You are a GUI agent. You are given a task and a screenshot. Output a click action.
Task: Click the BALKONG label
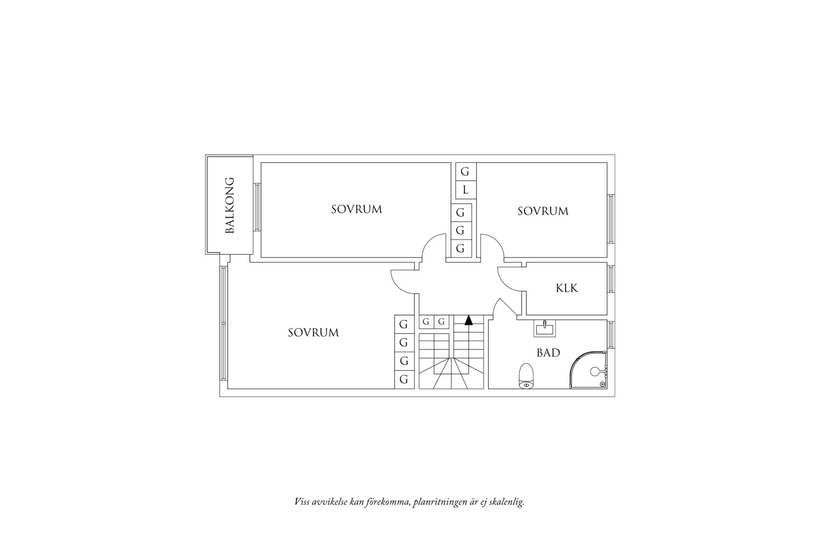click(230, 206)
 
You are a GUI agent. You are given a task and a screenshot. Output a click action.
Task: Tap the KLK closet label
click(566, 288)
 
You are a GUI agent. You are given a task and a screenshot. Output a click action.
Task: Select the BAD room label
click(548, 353)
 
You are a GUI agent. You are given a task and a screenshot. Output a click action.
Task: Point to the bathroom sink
click(545, 328)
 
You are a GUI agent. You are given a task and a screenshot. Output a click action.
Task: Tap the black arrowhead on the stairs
click(468, 321)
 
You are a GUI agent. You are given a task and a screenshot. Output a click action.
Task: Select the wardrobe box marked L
click(466, 190)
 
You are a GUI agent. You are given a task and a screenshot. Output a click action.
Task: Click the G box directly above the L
click(466, 172)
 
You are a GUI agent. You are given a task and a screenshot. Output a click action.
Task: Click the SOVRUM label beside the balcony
click(357, 209)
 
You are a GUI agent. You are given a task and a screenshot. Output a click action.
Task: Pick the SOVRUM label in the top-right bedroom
click(543, 211)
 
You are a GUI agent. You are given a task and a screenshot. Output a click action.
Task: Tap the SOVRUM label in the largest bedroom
click(313, 333)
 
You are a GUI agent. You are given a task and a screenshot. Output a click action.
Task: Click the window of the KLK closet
click(611, 279)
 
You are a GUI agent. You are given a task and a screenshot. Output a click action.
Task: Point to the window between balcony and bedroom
click(257, 207)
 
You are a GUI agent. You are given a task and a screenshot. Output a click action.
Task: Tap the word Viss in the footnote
click(302, 502)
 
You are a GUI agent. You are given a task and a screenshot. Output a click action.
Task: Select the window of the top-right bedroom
click(611, 218)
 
